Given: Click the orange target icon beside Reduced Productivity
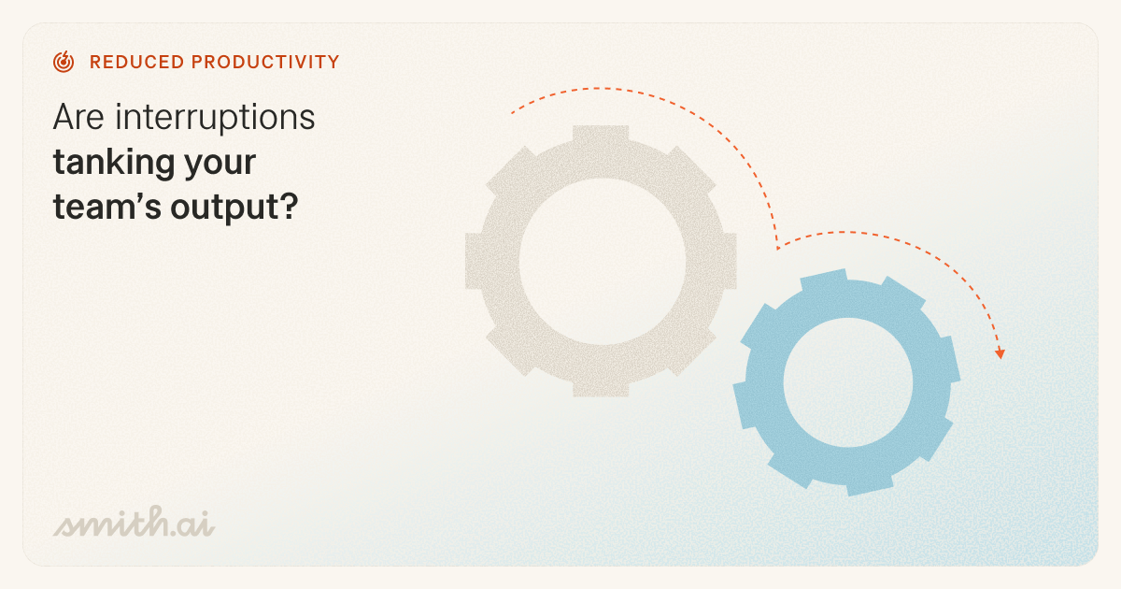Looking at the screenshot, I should pos(64,63).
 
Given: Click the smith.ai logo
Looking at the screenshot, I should pos(134,525).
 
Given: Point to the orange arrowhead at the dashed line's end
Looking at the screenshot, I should pos(1000,353).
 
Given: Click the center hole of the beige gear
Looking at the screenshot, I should pos(601,261).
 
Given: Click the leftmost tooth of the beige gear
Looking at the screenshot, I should pos(476,261).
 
